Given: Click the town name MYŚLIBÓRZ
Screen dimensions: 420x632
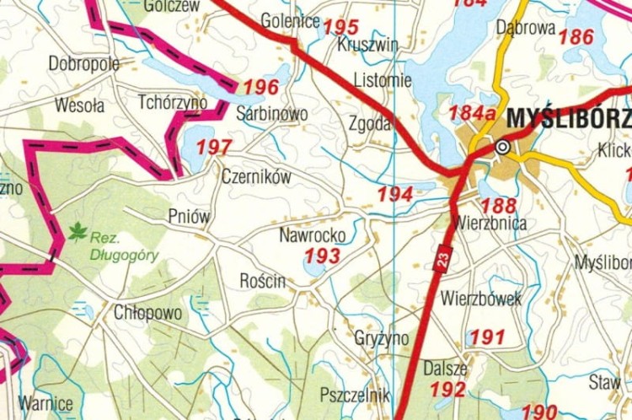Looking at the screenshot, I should (x=569, y=118).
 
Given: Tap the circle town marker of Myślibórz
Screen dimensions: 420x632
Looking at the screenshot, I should (x=503, y=147).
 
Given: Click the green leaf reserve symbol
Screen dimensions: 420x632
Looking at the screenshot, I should (x=78, y=231).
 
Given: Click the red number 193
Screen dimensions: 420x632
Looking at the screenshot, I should (x=323, y=256).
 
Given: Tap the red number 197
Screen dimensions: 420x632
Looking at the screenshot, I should (x=214, y=148).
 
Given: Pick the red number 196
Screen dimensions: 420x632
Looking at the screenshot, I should (x=260, y=88).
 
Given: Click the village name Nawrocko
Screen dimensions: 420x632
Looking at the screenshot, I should (x=311, y=235).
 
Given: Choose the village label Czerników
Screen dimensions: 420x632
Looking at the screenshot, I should (x=256, y=177).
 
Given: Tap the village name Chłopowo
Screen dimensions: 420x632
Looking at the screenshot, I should (x=148, y=313).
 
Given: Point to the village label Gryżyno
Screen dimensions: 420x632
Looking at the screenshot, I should (x=382, y=338).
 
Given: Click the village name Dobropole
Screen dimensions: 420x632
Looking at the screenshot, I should (x=83, y=63).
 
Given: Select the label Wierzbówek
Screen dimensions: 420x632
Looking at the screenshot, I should (x=481, y=299).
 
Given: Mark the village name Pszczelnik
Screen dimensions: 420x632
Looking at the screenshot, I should (x=355, y=395).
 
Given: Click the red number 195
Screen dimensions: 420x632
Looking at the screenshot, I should (x=340, y=28).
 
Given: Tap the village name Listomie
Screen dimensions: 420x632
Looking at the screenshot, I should (x=383, y=81).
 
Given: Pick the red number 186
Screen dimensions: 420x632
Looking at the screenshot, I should (x=576, y=37).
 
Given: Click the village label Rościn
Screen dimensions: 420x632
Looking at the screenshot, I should (x=263, y=281).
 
